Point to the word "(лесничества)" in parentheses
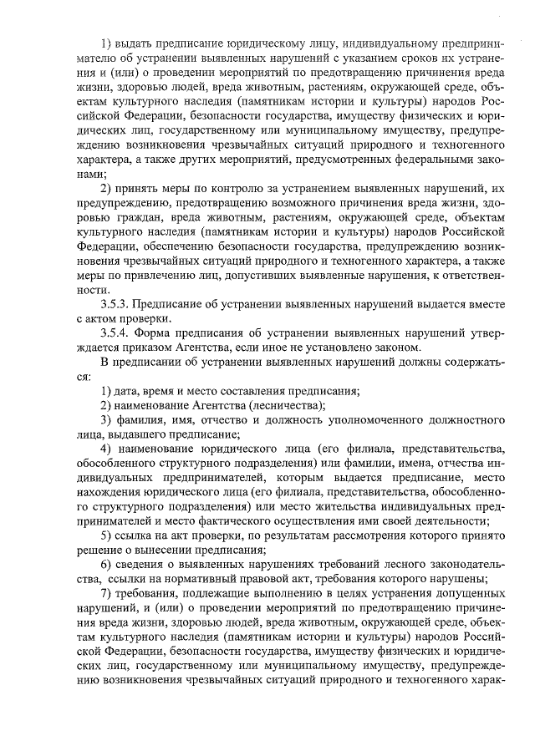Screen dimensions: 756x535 (283, 406)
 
